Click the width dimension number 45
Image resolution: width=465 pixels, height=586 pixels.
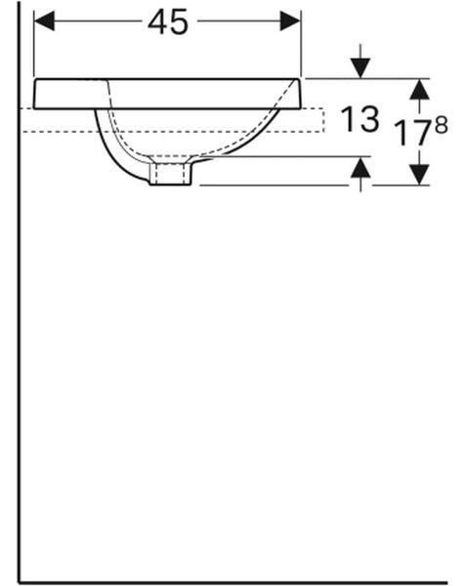click(167, 22)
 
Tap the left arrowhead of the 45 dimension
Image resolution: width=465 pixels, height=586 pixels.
click(44, 21)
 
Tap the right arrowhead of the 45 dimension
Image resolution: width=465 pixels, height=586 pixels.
click(290, 21)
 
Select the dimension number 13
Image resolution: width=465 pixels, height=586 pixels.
click(360, 119)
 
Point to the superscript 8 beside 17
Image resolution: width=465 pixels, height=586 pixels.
click(442, 125)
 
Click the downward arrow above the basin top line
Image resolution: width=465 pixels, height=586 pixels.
click(360, 61)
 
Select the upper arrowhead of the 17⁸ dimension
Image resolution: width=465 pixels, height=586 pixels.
click(419, 89)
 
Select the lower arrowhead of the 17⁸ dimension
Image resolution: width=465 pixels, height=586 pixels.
click(419, 175)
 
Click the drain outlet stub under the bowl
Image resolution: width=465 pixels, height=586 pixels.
click(170, 172)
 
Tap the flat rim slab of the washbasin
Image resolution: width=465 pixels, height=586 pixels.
click(167, 94)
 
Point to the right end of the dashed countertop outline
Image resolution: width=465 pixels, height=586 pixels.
click(323, 120)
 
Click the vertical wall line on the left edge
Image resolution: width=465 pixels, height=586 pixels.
click(19, 291)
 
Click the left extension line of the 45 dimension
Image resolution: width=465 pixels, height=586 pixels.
click(34, 44)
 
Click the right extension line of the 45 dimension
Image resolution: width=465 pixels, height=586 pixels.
click(301, 44)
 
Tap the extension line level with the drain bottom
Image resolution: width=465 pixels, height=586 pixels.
click(275, 185)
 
